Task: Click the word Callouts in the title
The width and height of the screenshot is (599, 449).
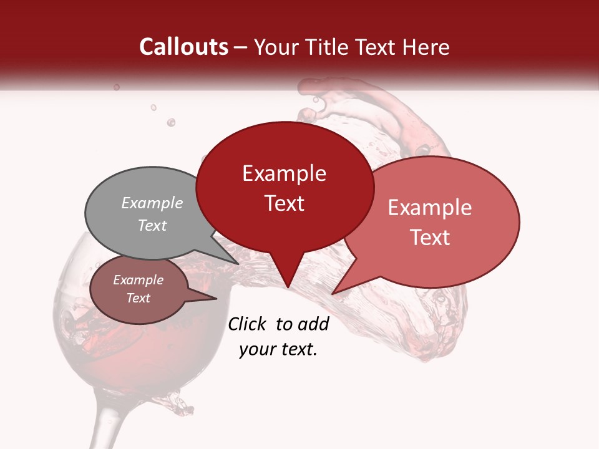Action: (x=183, y=47)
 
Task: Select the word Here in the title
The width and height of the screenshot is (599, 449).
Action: (x=424, y=47)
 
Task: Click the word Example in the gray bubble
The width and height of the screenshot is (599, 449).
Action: (x=152, y=203)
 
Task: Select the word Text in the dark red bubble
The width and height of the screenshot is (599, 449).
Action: (x=285, y=203)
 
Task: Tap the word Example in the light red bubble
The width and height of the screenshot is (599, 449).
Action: (x=430, y=208)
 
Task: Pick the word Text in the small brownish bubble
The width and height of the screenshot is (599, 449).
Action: (x=138, y=298)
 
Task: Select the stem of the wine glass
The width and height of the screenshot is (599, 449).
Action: (x=103, y=424)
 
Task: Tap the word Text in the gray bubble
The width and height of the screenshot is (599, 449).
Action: (x=152, y=226)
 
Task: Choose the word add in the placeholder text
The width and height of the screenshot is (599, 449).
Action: (x=313, y=324)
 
